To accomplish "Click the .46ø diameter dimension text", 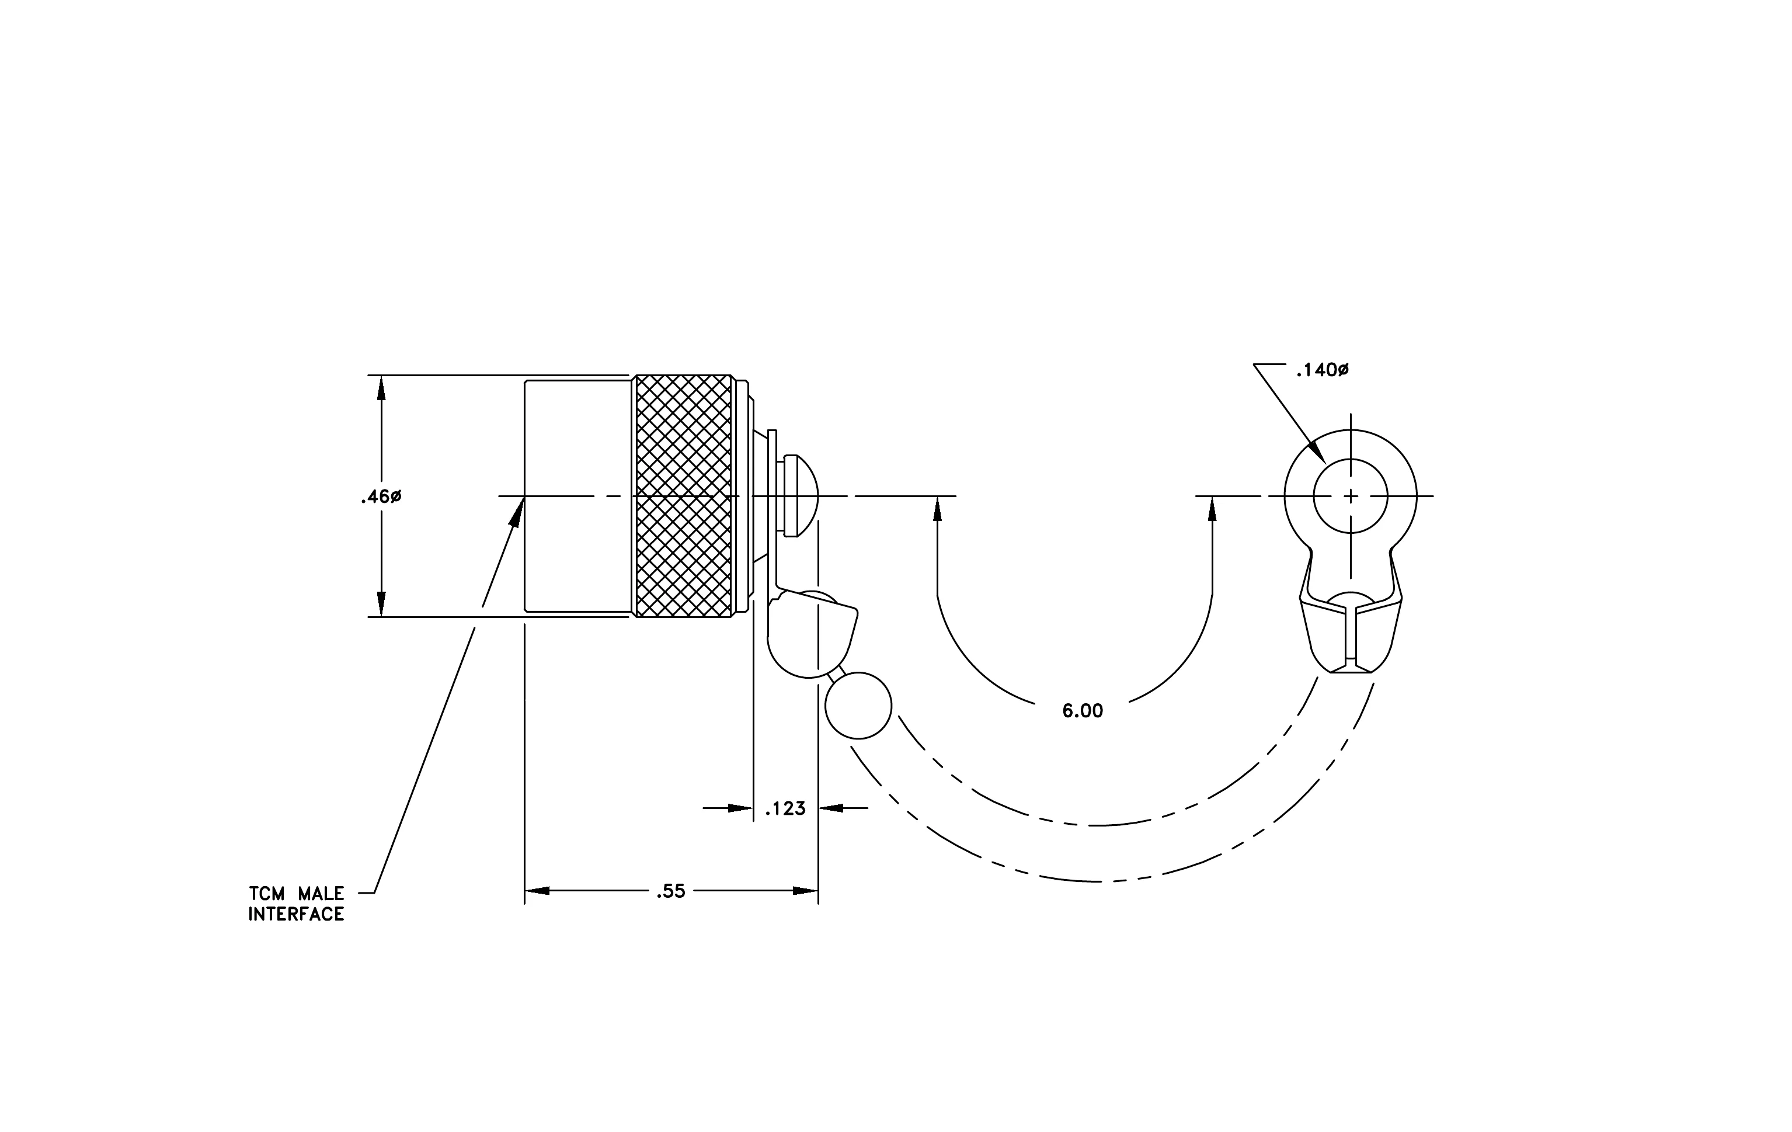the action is click(x=381, y=497).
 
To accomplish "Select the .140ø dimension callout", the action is click(x=1322, y=370).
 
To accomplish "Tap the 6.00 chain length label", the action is click(x=1082, y=711).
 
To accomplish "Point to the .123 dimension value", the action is click(x=786, y=809).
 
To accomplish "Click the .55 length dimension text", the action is click(x=670, y=891).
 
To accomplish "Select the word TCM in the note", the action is click(x=266, y=894).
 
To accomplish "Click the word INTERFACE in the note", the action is click(x=296, y=915).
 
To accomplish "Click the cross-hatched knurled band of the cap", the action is click(x=683, y=496).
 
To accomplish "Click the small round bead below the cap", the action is click(x=858, y=706).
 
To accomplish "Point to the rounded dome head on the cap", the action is click(x=808, y=496).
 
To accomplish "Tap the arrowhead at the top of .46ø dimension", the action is click(x=381, y=388).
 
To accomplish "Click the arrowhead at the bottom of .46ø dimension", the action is click(x=381, y=605).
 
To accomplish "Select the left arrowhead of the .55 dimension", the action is click(x=537, y=891).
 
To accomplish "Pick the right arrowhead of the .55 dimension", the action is click(x=805, y=891).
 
